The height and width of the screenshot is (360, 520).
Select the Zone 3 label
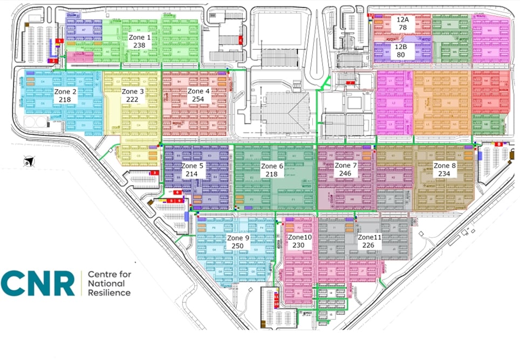point(133,96)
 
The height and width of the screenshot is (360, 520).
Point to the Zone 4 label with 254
point(199,96)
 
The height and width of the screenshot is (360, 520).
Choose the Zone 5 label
point(193,170)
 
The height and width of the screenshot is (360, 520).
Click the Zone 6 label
point(272,170)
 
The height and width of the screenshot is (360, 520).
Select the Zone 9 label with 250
point(238,242)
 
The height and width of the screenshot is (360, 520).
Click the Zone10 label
point(299,241)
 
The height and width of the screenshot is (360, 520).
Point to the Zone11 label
point(370,241)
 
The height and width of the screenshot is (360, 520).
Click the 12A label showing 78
point(402,23)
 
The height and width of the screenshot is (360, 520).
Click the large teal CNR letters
point(38,284)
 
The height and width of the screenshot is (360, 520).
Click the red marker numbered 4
point(240,39)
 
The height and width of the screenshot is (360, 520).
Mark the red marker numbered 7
point(351,83)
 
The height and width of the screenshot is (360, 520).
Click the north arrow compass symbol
point(28,161)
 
